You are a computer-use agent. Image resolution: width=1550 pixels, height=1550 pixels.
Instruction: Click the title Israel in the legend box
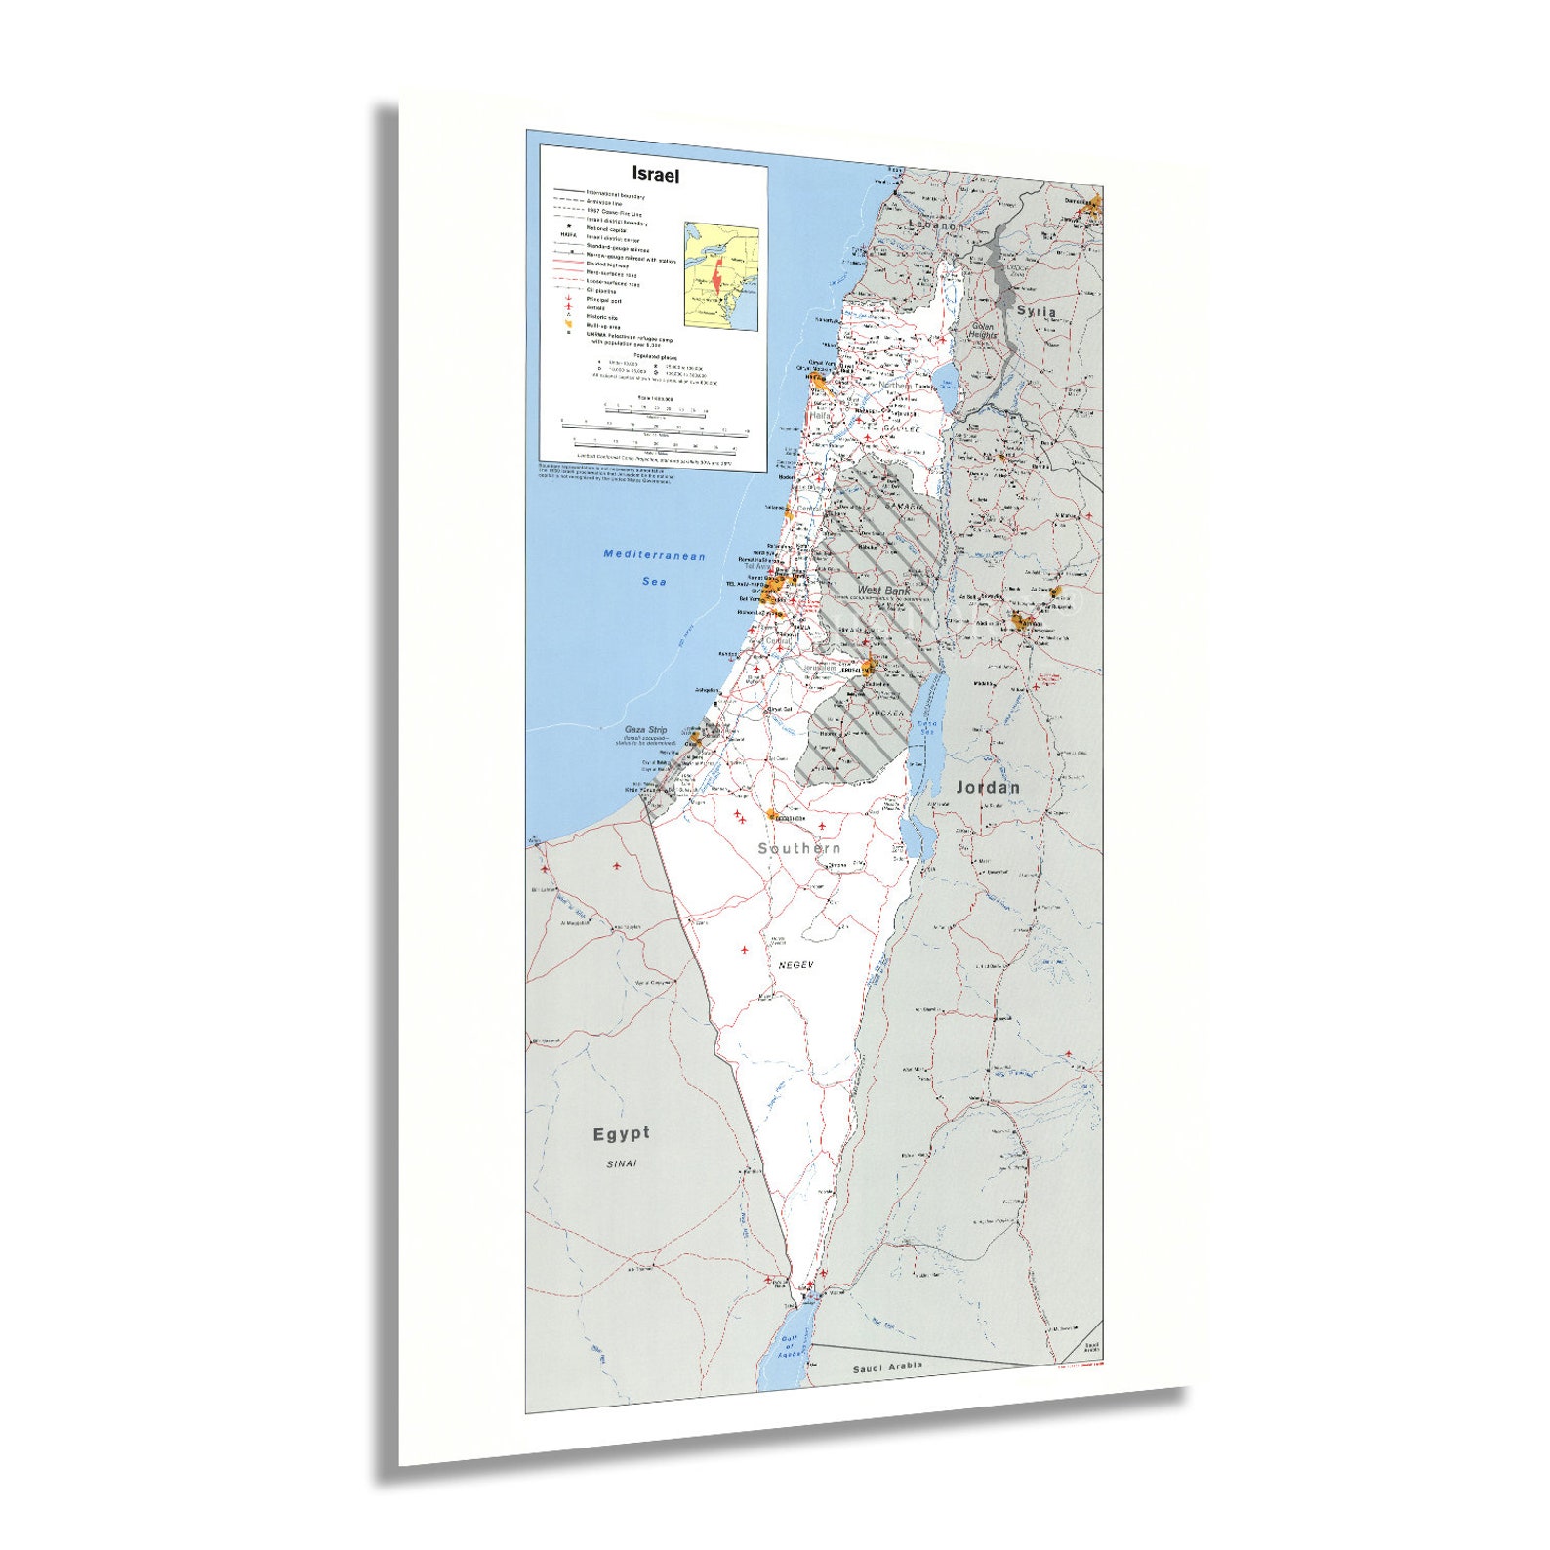655,175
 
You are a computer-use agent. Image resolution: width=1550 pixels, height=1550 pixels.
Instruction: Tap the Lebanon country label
936,225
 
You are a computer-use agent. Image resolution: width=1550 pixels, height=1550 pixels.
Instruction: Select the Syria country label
1036,311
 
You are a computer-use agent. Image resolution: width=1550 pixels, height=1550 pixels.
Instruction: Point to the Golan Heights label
982,331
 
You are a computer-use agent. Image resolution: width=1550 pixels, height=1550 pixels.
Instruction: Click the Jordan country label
987,787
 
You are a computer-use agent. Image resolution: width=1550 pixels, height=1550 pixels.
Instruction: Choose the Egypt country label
621,1133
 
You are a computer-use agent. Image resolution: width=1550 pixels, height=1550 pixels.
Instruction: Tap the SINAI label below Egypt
621,1163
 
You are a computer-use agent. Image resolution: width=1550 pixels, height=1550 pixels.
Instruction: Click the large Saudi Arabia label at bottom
887,1367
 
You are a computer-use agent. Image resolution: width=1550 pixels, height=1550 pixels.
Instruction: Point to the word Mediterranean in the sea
654,555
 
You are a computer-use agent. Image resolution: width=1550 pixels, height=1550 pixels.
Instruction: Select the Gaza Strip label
646,730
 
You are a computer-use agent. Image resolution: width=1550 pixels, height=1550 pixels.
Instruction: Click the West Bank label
883,591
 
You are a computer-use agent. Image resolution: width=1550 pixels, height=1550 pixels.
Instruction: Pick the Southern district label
799,848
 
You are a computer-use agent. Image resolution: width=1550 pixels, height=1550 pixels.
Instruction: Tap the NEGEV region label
796,965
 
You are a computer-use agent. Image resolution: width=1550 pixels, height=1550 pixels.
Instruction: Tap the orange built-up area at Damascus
1093,207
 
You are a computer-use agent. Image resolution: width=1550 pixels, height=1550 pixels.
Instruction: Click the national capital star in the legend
568,226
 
